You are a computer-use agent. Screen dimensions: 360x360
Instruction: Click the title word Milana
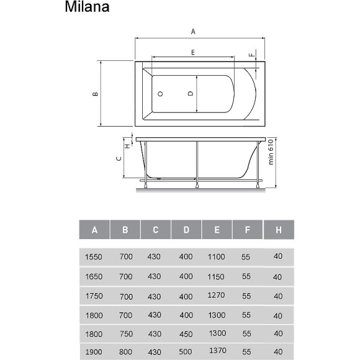click(87, 8)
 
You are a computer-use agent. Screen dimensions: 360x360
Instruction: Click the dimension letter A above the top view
click(193, 31)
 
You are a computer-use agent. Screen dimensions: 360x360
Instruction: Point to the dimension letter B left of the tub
click(95, 94)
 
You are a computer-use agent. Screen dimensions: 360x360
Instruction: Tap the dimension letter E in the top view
click(193, 53)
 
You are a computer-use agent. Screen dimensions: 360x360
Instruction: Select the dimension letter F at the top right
click(251, 55)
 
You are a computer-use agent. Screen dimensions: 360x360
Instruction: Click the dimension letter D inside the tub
click(190, 94)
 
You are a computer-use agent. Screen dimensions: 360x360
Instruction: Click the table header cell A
click(94, 230)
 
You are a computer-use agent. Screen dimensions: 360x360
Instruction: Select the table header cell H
click(279, 230)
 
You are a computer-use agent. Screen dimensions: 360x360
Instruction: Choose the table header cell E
click(217, 230)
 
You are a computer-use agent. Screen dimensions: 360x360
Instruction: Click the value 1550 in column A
click(94, 256)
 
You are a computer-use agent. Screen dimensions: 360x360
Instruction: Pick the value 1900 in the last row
click(94, 353)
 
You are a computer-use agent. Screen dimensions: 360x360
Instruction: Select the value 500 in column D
click(186, 353)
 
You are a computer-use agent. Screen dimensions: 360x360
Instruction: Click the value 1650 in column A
click(94, 276)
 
